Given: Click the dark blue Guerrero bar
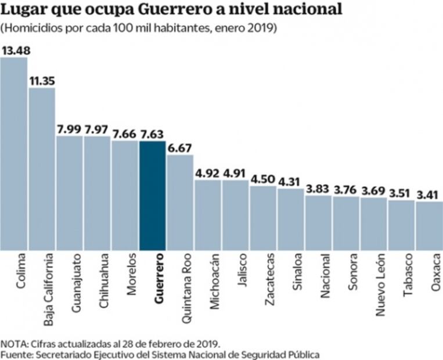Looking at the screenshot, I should pyautogui.click(x=152, y=196).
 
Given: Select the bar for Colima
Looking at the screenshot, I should pyautogui.click(x=13, y=154).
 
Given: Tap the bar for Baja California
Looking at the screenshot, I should pyautogui.click(x=41, y=169).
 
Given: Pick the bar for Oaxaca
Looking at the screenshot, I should pyautogui.click(x=429, y=226).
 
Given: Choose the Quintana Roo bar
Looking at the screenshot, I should pyautogui.click(x=180, y=203).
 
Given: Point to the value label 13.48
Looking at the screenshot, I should pyautogui.click(x=16, y=51).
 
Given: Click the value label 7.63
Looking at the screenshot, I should pyautogui.click(x=152, y=134).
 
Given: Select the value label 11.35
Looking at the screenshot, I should pyautogui.click(x=42, y=81).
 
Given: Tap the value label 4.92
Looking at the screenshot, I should pyautogui.click(x=208, y=172).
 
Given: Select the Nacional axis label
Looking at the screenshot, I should pyautogui.click(x=325, y=276).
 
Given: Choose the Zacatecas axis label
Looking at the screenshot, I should pyautogui.click(x=269, y=279).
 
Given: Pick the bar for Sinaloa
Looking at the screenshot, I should pyautogui.click(x=290, y=219).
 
